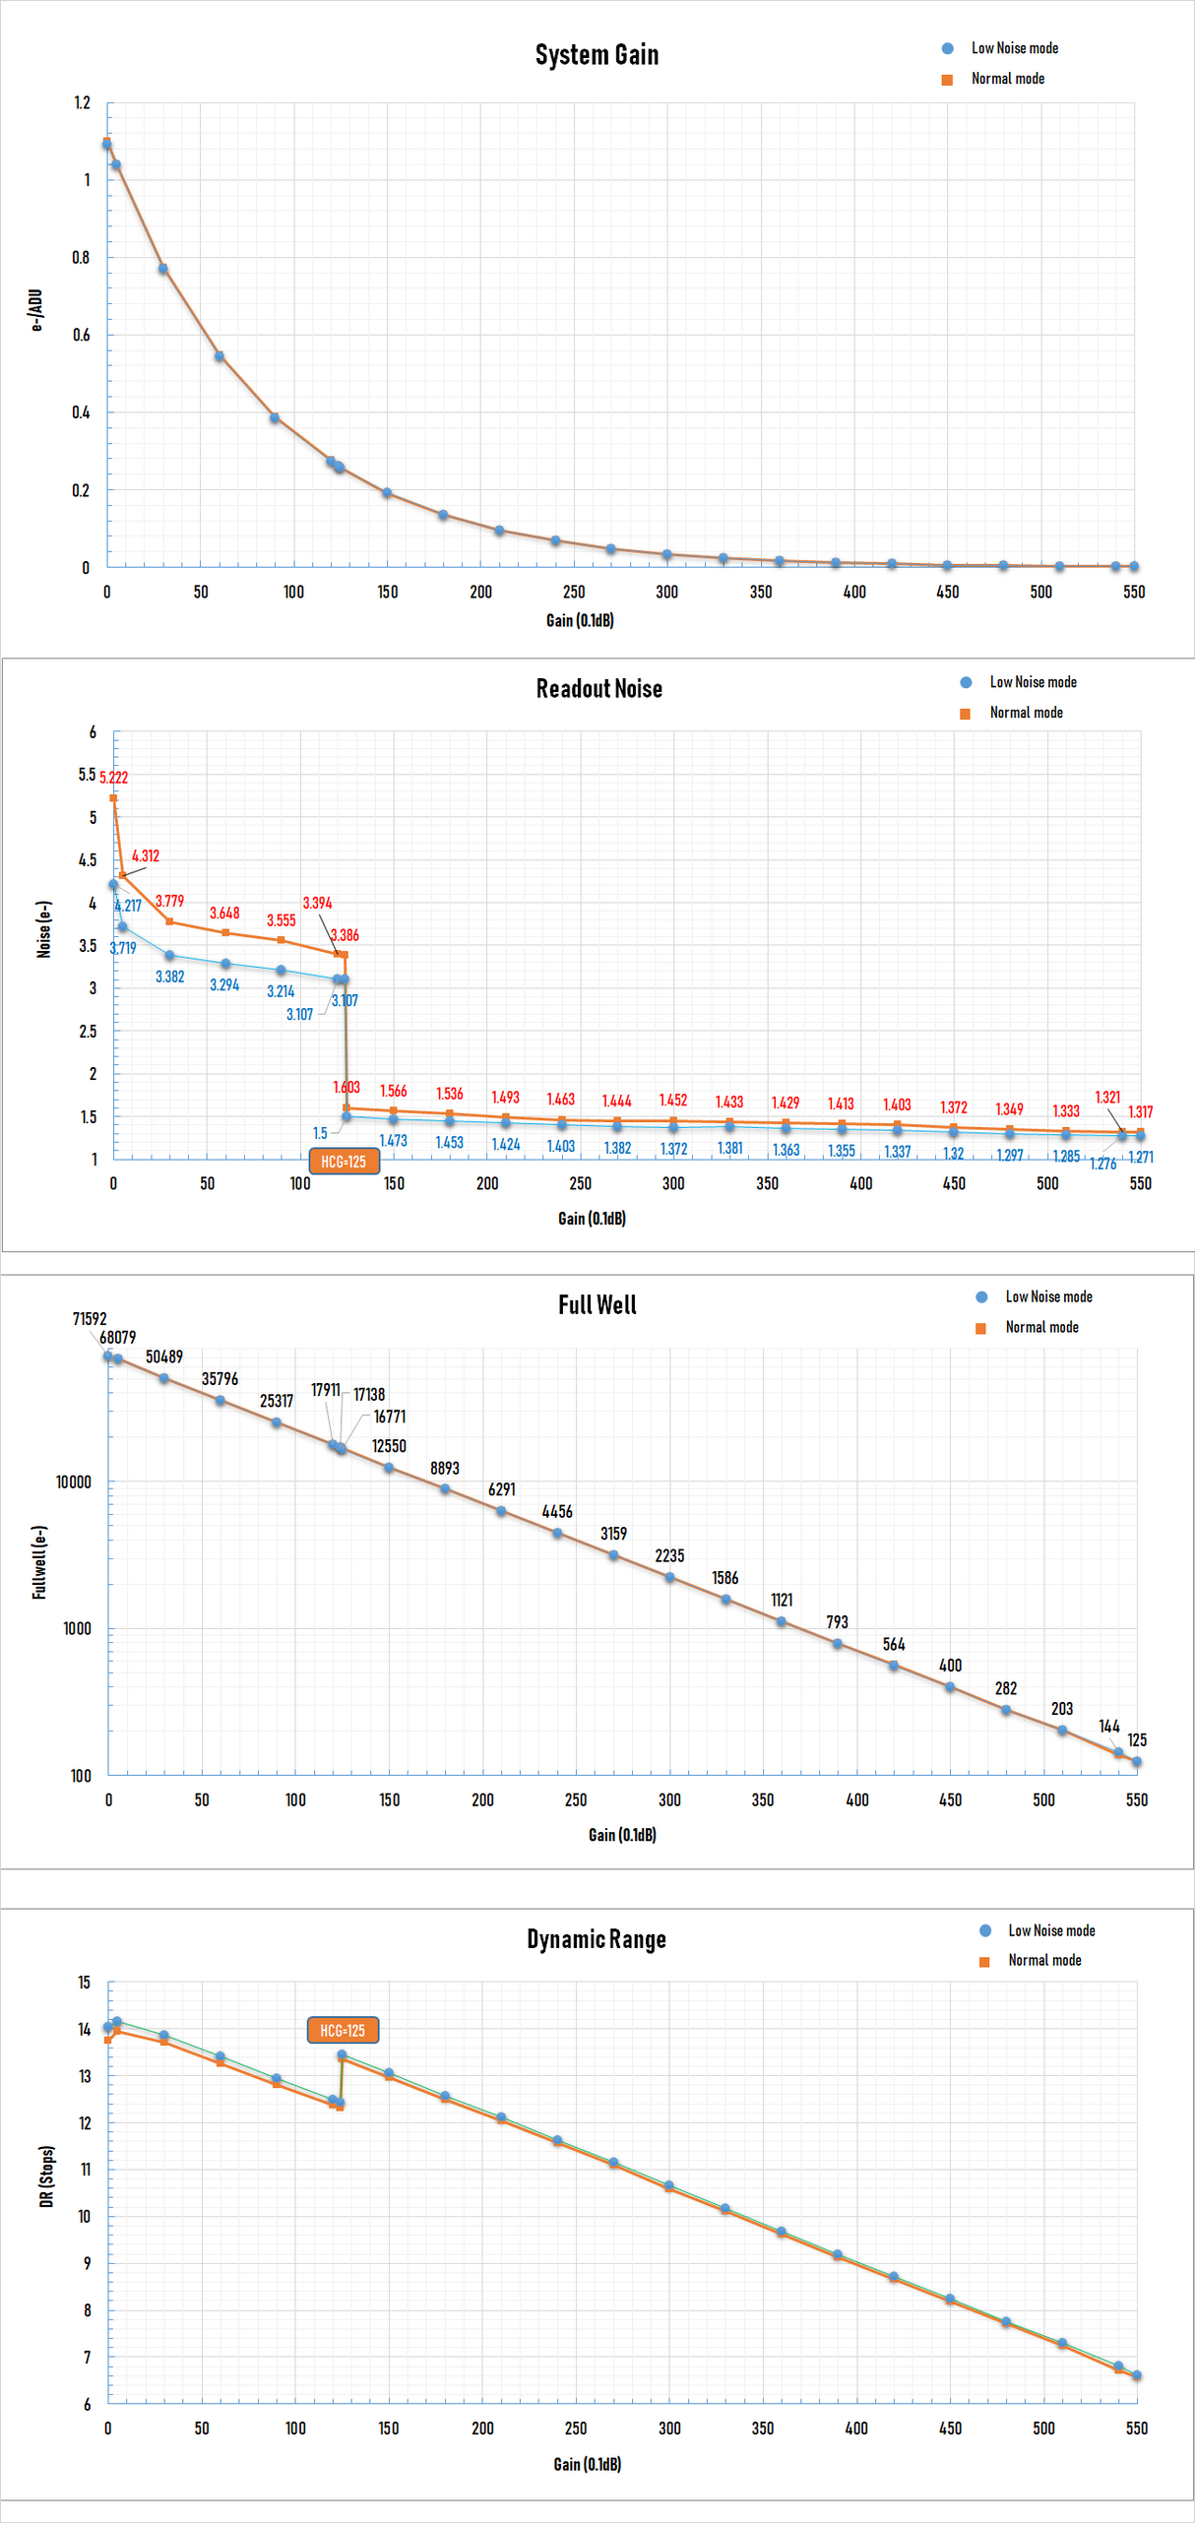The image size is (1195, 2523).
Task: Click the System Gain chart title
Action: point(597,55)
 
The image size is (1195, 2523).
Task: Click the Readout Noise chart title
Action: point(598,689)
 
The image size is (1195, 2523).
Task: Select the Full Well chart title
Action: point(597,1305)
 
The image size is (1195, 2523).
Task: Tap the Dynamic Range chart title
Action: point(596,1939)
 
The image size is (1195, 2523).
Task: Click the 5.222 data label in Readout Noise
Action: point(113,778)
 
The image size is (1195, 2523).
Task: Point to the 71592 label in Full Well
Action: point(89,1319)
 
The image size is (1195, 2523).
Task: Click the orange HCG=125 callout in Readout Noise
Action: point(344,1162)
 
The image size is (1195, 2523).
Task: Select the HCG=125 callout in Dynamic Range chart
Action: point(343,2030)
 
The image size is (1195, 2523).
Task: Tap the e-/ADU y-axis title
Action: point(36,310)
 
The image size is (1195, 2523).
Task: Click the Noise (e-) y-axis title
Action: point(43,929)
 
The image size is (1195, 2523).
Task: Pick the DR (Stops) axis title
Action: point(46,2176)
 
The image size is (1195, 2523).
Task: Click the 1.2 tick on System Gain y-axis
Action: point(82,102)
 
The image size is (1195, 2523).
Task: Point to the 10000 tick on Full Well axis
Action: point(73,1482)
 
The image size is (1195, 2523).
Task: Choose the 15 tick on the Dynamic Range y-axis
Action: point(85,1983)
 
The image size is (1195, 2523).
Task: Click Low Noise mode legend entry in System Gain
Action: point(1014,48)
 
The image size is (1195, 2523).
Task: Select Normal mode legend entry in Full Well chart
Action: point(1041,1327)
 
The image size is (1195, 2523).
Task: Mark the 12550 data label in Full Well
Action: point(389,1446)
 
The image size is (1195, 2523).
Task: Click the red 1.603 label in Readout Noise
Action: point(346,1087)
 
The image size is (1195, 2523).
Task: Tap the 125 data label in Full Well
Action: point(1137,1739)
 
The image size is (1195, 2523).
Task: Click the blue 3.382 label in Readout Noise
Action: point(169,977)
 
